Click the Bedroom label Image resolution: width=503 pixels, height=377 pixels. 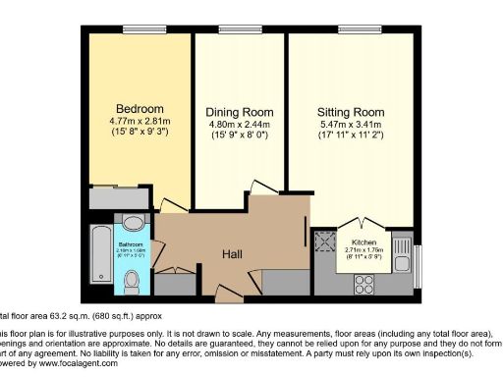140,108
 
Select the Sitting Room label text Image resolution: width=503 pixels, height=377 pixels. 349,112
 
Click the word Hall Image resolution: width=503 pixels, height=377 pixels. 232,254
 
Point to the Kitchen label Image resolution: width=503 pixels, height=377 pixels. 364,241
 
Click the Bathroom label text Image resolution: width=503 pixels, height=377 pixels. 131,243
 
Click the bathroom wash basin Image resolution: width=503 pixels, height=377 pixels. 130,222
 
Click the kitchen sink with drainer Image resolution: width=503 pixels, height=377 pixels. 401,252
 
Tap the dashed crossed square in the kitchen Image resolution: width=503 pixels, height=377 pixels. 325,242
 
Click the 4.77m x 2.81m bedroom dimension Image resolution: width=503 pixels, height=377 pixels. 140,122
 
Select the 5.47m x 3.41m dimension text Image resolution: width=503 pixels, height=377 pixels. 349,126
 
